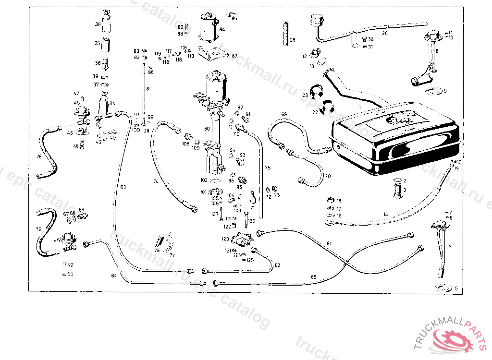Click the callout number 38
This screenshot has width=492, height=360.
(x=98, y=24)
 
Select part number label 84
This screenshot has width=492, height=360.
(x=222, y=29)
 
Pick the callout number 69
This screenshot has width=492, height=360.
(x=284, y=114)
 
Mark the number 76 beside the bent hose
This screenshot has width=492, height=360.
(x=39, y=156)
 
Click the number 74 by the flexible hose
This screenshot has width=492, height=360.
(x=156, y=181)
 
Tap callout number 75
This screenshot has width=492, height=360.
(x=268, y=168)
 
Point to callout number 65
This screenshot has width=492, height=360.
(x=314, y=277)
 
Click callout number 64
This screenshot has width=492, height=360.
(x=114, y=276)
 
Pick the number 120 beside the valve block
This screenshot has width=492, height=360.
(x=225, y=239)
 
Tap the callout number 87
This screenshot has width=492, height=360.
(x=234, y=56)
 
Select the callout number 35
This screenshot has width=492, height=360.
(x=98, y=44)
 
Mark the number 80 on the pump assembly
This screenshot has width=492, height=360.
(x=207, y=129)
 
